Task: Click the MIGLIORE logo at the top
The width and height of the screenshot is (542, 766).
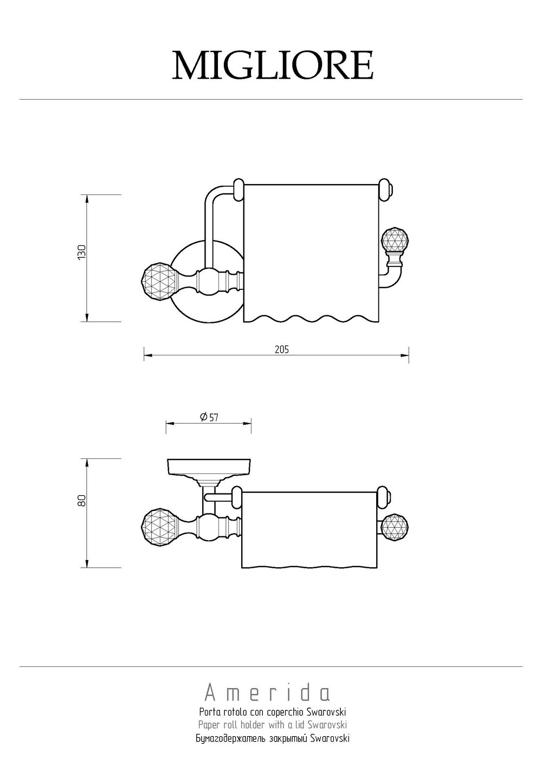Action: point(273,65)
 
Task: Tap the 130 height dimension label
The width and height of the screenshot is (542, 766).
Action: point(82,252)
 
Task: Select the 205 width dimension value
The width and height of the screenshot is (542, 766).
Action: point(282,349)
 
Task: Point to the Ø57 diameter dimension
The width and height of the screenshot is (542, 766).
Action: point(209,417)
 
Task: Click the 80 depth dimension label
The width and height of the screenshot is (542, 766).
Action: point(82,501)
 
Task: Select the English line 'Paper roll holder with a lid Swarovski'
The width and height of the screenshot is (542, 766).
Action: point(273,722)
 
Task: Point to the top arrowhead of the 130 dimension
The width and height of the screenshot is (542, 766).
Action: point(87,199)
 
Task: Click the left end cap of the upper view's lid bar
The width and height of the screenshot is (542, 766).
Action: point(238,189)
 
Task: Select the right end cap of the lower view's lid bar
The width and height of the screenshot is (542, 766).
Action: point(384,497)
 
